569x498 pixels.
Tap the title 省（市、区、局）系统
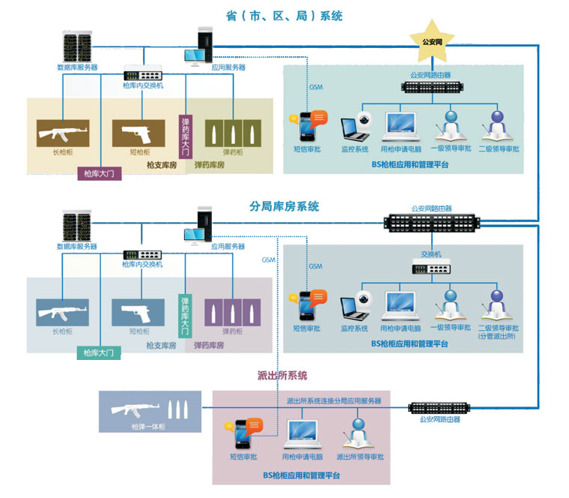click(x=284, y=16)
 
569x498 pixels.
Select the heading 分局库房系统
click(x=284, y=206)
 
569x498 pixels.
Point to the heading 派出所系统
click(x=282, y=375)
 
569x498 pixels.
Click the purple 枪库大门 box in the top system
click(x=99, y=174)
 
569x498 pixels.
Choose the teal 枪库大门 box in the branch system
click(x=99, y=352)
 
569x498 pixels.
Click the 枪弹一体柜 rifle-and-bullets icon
click(x=150, y=410)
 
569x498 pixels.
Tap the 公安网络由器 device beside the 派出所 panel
click(x=439, y=408)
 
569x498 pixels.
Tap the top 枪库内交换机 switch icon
click(x=142, y=76)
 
